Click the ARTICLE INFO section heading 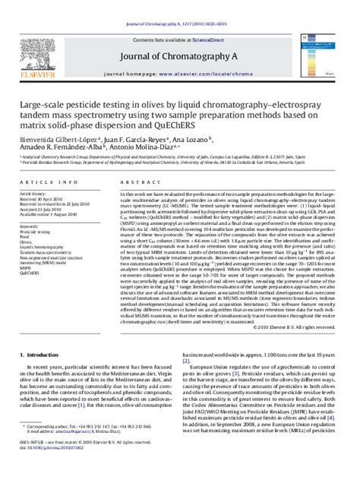[49, 185]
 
